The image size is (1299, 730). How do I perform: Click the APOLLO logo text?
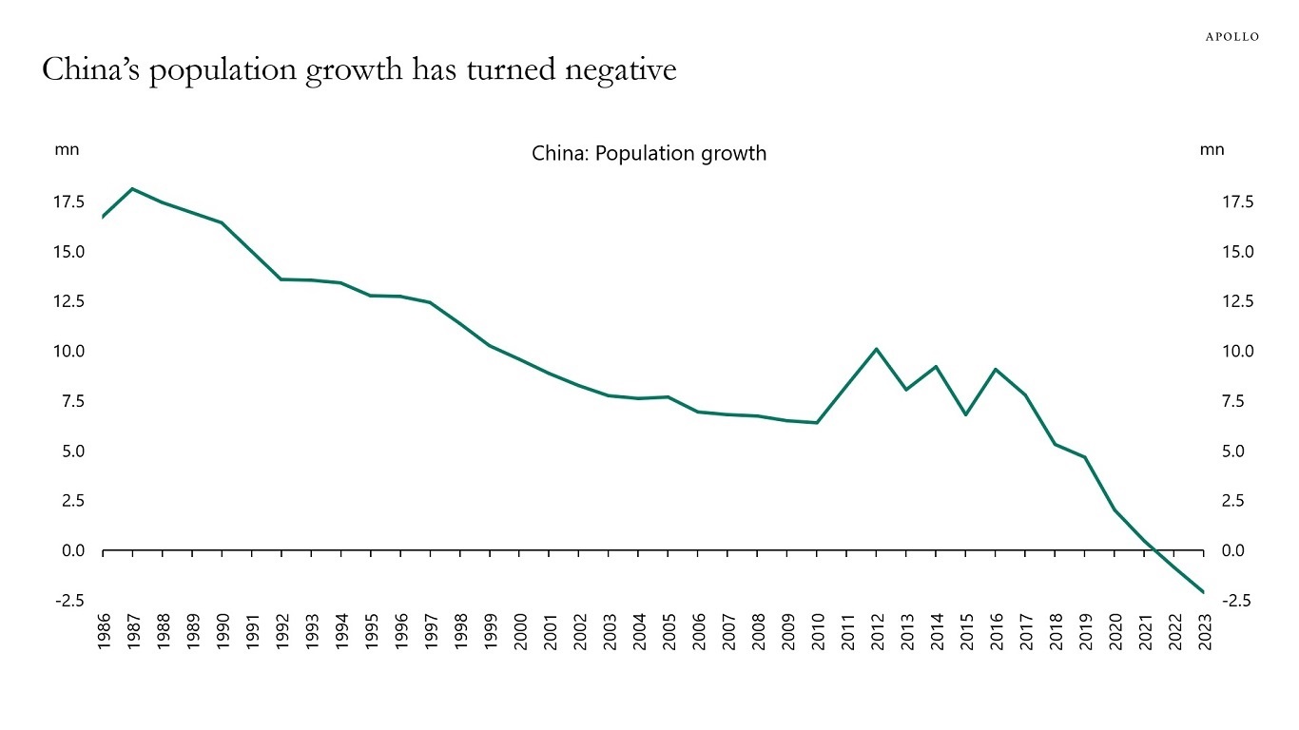(x=1231, y=37)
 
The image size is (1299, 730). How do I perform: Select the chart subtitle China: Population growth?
(x=649, y=153)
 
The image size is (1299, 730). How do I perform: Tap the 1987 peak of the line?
(x=132, y=189)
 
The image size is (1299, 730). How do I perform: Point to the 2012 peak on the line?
(x=877, y=350)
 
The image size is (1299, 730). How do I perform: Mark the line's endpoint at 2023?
(x=1204, y=592)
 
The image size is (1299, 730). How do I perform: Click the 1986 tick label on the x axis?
(x=103, y=631)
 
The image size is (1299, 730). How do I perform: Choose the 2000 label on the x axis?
(x=520, y=631)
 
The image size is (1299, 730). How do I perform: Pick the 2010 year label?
(x=817, y=631)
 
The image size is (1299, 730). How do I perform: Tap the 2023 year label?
(x=1204, y=631)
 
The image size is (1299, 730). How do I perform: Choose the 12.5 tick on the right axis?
(x=1239, y=302)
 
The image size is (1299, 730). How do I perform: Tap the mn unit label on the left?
(x=67, y=149)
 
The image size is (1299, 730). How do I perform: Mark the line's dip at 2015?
(x=966, y=414)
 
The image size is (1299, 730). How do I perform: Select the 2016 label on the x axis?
(x=996, y=631)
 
